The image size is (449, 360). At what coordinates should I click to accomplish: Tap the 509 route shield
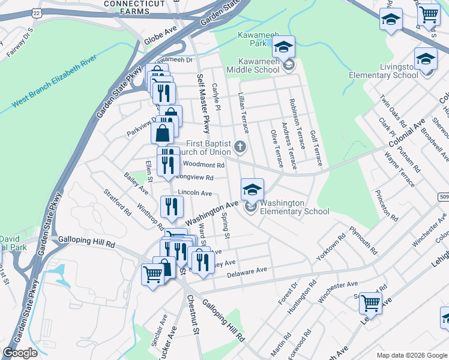[443, 197]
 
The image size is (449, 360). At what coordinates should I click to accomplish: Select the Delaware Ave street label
[247, 271]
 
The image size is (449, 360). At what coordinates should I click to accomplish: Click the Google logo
[20, 353]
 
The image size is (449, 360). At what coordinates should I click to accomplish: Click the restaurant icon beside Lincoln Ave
[173, 206]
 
